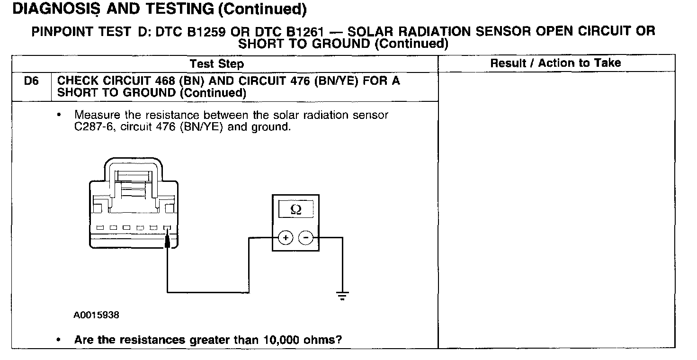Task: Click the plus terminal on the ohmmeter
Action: point(285,237)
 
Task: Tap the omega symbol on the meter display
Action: point(295,209)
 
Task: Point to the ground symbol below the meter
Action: point(342,296)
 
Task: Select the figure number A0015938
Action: point(96,315)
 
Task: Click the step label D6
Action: point(31,81)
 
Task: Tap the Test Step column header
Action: point(217,63)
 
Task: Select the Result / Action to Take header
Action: point(555,63)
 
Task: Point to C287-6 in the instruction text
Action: point(91,126)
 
